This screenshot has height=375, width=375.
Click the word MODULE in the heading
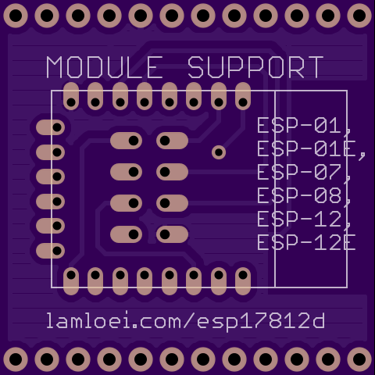pyautogui.click(x=105, y=67)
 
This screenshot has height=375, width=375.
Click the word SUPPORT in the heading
pyautogui.click(x=255, y=67)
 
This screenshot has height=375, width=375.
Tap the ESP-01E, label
pyautogui.click(x=312, y=149)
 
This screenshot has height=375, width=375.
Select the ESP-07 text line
pyautogui.click(x=304, y=173)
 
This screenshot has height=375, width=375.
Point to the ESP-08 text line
pyautogui.click(x=304, y=196)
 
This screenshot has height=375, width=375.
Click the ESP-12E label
pyautogui.click(x=306, y=243)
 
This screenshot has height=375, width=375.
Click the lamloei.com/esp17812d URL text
pyautogui.click(x=186, y=321)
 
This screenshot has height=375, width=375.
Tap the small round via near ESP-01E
pyautogui.click(x=219, y=152)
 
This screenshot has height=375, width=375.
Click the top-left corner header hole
pyautogui.click(x=16, y=16)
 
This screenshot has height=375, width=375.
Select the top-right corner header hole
pyautogui.click(x=359, y=16)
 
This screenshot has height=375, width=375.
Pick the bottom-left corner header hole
pyautogui.click(x=16, y=359)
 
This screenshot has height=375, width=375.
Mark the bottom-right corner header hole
pyautogui.click(x=359, y=359)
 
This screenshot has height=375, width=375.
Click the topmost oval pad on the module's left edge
pyautogui.click(x=50, y=127)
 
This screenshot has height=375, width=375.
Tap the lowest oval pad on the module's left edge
pyautogui.click(x=50, y=251)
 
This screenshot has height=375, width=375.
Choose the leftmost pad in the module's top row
pyautogui.click(x=71, y=96)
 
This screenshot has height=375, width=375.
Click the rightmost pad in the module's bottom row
pyautogui.click(x=243, y=281)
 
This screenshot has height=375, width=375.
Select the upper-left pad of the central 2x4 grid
pyautogui.click(x=126, y=141)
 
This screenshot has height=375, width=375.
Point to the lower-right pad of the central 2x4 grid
pyautogui.click(x=172, y=234)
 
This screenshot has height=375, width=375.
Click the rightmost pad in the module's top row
pyautogui.click(x=243, y=96)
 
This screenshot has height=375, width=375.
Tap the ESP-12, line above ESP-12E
pyautogui.click(x=304, y=220)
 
